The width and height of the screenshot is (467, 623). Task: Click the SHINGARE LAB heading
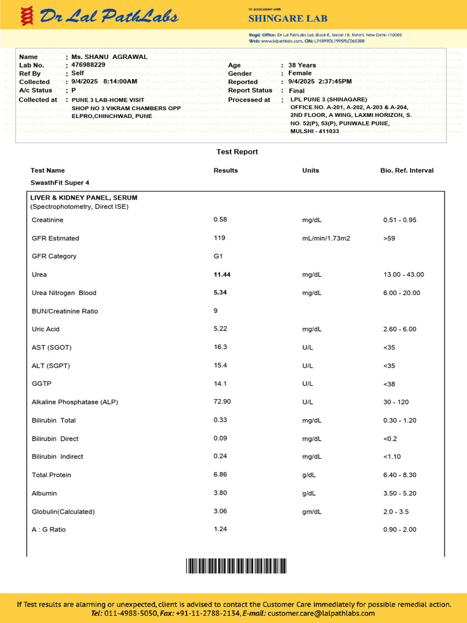coord(281,19)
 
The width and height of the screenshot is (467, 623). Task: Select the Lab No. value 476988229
coord(88,64)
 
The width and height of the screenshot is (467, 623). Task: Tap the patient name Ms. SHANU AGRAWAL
coord(109,57)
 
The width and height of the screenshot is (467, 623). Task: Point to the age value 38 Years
coord(302,65)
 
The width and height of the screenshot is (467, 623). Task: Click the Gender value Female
coord(300,73)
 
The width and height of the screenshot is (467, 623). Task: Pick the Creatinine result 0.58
coord(220,220)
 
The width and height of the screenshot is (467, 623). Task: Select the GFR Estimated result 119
coord(220,238)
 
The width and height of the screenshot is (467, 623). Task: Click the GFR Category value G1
coord(218,256)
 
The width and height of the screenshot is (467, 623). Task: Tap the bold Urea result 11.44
coord(222,274)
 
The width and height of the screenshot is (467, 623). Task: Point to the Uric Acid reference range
coord(400,329)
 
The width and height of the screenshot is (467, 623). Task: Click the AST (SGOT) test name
coord(52,347)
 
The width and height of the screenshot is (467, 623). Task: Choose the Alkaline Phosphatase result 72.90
coord(222,402)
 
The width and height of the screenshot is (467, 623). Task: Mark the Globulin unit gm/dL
coord(312,512)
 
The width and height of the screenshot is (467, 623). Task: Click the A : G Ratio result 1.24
coord(220,529)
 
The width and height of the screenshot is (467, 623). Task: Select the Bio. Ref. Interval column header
coord(407,170)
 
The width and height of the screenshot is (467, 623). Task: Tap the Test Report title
coord(237,151)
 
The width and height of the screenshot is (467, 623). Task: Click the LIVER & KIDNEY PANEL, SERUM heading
coord(84,198)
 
